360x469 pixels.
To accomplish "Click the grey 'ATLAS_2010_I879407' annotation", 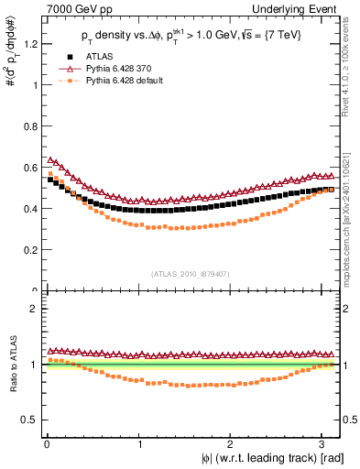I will tap(191, 274).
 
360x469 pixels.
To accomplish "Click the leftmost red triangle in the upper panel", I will tap(50, 159).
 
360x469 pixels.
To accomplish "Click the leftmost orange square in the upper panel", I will tap(50, 173).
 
